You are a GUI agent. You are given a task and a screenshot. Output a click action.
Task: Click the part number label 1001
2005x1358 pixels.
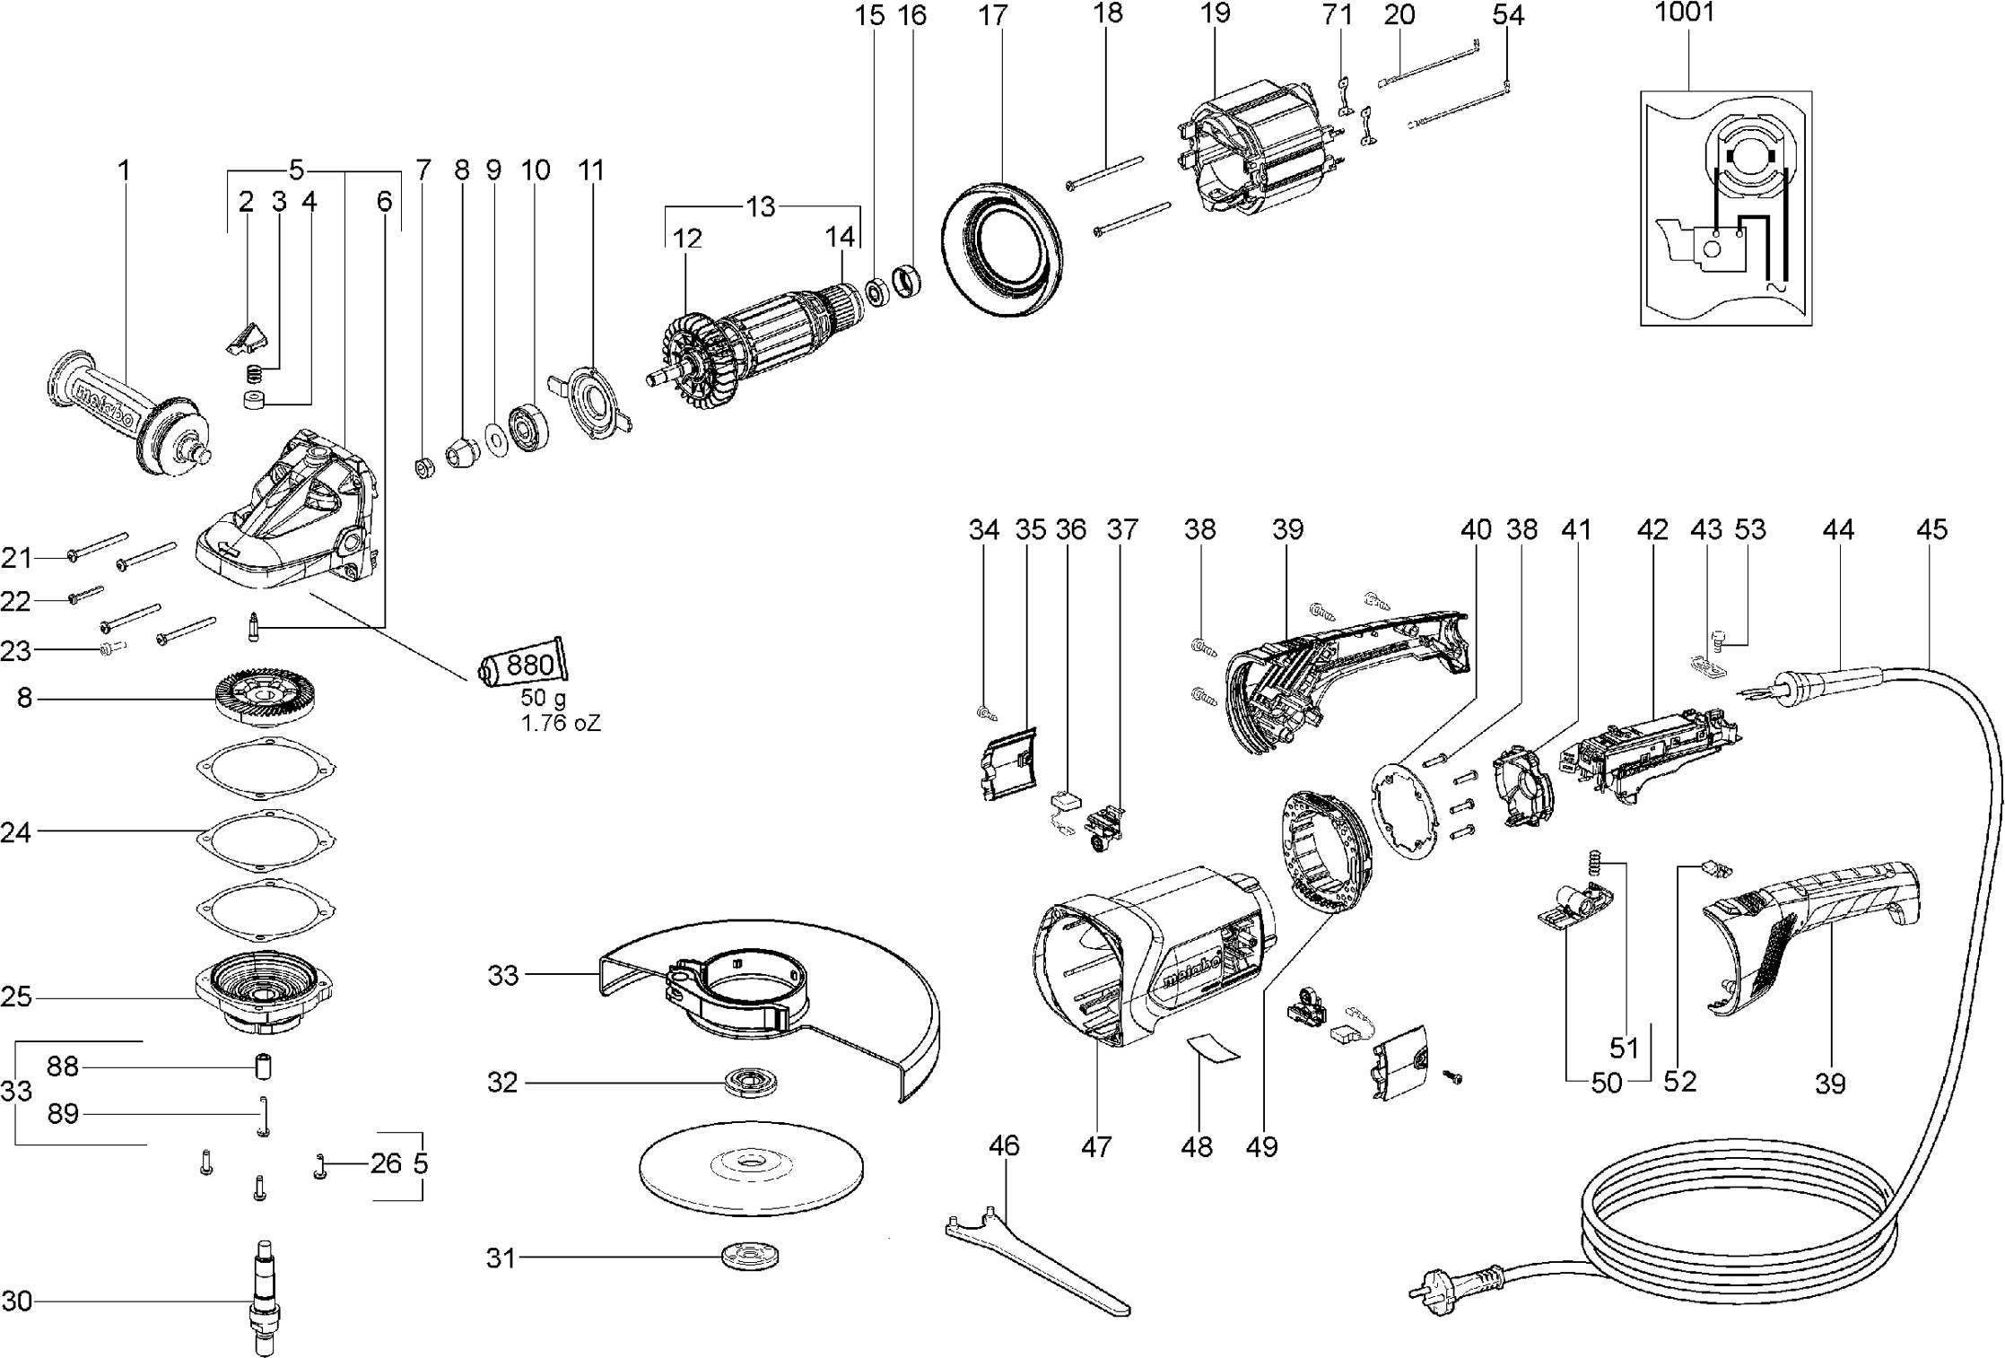point(1684,13)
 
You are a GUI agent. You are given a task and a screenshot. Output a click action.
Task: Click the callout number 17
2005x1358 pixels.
point(993,15)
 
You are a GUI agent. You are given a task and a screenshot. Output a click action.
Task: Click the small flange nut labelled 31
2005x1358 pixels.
point(749,1257)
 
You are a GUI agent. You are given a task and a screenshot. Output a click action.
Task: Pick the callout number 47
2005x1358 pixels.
point(1096,1145)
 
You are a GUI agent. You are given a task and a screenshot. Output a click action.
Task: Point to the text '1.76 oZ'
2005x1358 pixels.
point(561,723)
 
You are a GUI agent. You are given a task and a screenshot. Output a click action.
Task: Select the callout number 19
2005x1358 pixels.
point(1216,13)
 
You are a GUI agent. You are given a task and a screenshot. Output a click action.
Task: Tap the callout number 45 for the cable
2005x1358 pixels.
point(1931,529)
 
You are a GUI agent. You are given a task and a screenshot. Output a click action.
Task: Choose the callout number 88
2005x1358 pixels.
point(63,1066)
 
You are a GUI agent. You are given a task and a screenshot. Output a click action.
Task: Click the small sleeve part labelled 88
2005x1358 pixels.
point(264,1068)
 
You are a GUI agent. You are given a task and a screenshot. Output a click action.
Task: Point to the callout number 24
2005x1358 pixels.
point(16,833)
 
